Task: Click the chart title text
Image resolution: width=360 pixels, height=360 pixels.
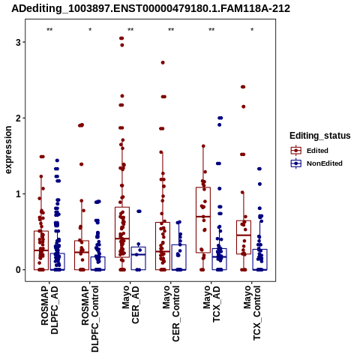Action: coord(151,9)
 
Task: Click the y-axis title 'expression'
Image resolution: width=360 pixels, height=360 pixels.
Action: coord(8,150)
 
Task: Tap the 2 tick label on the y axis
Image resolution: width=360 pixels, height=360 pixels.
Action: coord(18,118)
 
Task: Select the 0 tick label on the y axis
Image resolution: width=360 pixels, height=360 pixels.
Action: coord(18,270)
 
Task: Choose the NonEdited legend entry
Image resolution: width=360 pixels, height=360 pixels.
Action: coord(316,163)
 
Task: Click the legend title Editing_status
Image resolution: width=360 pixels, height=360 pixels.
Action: coord(320,136)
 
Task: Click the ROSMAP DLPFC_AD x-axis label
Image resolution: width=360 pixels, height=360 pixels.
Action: coord(49,310)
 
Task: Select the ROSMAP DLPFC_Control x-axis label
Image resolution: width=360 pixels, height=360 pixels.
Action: coord(90,319)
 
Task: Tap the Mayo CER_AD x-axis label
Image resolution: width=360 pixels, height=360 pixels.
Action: coord(130,304)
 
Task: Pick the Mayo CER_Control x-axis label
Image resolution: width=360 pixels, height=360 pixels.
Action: coord(171,313)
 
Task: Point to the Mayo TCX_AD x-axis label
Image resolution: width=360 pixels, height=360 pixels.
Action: coord(211,304)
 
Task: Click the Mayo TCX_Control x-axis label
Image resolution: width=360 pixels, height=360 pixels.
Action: coord(252,313)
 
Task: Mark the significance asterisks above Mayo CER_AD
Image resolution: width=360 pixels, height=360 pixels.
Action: coord(130,30)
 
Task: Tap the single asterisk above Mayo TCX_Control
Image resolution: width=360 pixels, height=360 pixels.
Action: coord(252,30)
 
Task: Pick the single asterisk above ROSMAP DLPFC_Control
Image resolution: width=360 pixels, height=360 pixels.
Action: coord(90,30)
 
